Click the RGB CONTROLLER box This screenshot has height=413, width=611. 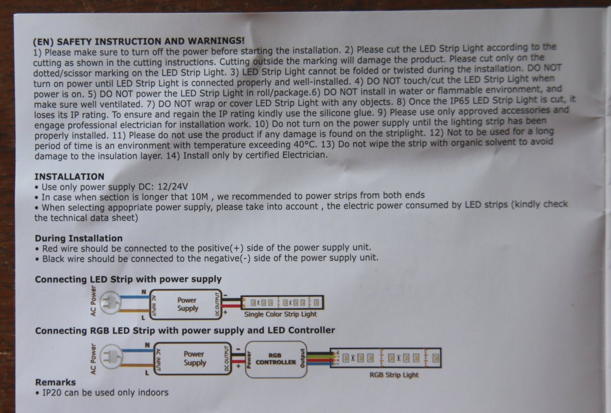click(x=276, y=359)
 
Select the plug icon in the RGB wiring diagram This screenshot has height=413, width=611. click(x=111, y=356)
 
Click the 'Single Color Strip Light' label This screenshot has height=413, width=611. click(x=280, y=314)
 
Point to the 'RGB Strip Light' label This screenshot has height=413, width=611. click(x=394, y=375)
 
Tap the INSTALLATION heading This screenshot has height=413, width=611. click(x=69, y=177)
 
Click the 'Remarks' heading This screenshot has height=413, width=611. click(x=55, y=382)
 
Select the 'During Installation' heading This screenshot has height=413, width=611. click(x=79, y=238)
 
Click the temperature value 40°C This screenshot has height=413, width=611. click(x=304, y=145)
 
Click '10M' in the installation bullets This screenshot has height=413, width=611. click(x=200, y=197)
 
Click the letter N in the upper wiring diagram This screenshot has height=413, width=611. click(x=144, y=292)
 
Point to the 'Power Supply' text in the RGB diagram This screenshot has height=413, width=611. click(x=195, y=359)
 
